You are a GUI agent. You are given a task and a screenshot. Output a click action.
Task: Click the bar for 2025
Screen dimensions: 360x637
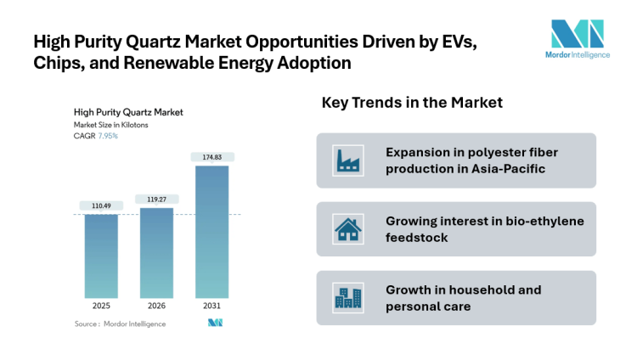click(x=101, y=256)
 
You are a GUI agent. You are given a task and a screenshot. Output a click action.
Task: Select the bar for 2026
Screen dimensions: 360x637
click(x=156, y=252)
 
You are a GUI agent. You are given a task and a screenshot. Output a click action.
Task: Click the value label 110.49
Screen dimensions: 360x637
click(x=101, y=205)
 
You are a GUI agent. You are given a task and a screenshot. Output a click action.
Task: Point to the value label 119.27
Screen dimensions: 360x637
click(x=156, y=199)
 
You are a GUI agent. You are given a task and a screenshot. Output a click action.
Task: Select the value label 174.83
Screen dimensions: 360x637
click(x=212, y=157)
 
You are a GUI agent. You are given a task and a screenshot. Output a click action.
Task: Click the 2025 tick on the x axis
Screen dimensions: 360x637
click(x=101, y=306)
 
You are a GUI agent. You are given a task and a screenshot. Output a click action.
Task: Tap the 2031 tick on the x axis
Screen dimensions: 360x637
click(x=212, y=306)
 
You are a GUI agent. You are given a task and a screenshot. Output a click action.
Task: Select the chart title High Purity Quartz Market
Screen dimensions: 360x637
click(x=128, y=112)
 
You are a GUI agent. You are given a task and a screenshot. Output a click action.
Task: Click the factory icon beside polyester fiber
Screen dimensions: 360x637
click(x=347, y=160)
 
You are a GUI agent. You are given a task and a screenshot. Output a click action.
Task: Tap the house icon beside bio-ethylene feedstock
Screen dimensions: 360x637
click(x=347, y=229)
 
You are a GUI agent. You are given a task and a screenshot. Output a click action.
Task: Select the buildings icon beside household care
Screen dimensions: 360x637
click(x=347, y=298)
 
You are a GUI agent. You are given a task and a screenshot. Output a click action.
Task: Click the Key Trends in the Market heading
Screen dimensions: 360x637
click(x=412, y=103)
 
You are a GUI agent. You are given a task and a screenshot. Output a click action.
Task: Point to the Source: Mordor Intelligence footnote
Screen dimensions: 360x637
click(x=120, y=323)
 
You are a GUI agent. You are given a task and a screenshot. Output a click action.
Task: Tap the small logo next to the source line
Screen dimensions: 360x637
click(x=215, y=323)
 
